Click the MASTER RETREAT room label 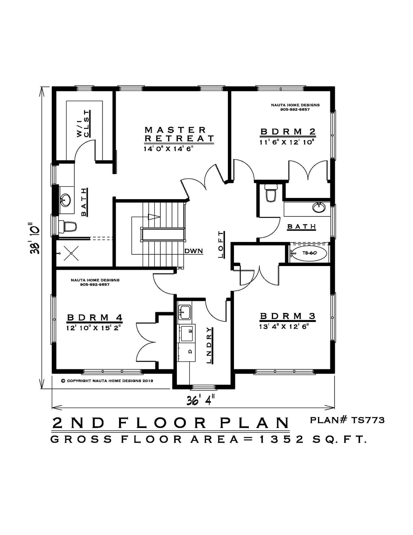tap(179, 134)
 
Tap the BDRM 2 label tap(288, 131)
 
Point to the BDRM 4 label tap(95, 317)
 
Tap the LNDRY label tap(209, 345)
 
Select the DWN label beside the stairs tap(194, 251)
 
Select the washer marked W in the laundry tap(188, 333)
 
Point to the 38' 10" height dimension tap(35, 239)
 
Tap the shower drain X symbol tap(71, 253)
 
